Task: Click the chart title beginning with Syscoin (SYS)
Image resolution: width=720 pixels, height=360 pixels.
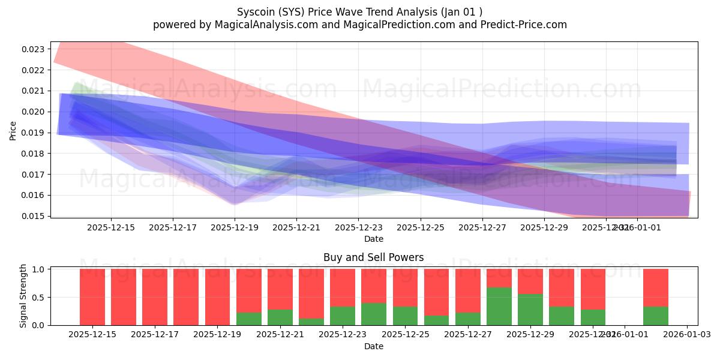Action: coord(359,12)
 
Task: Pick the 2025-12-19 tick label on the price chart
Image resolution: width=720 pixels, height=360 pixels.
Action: coord(235,228)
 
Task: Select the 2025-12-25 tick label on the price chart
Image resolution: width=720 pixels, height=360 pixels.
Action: coord(420,228)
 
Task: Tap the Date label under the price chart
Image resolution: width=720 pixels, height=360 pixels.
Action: coord(373,239)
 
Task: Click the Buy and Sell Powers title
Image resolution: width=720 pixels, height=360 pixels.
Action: coord(373,257)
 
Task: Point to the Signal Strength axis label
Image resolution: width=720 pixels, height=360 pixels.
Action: coord(23,296)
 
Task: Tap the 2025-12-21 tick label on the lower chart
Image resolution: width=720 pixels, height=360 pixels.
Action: coord(280,335)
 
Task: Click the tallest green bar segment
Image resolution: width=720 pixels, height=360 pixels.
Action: coord(499,306)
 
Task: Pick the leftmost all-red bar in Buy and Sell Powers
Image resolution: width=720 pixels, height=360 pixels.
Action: coord(92,297)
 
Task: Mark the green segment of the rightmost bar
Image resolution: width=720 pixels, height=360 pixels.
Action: coord(656,316)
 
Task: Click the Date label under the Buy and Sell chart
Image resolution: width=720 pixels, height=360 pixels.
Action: coord(373,346)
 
